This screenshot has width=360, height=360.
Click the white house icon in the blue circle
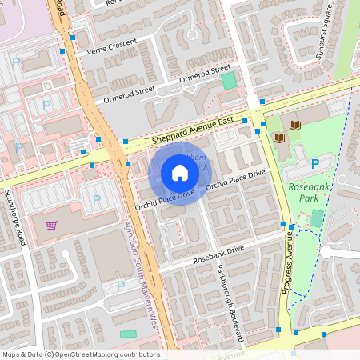point(180,173)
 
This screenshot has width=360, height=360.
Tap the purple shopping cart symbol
point(52,226)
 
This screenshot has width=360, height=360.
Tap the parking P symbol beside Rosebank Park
point(315,163)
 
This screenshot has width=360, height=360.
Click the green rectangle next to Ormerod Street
point(230,80)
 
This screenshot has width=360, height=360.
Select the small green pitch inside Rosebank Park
point(318,218)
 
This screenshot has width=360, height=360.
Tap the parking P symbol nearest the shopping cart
point(98,200)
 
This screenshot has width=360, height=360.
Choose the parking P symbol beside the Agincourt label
point(121,286)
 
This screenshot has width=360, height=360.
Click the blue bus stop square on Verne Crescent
point(73,38)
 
